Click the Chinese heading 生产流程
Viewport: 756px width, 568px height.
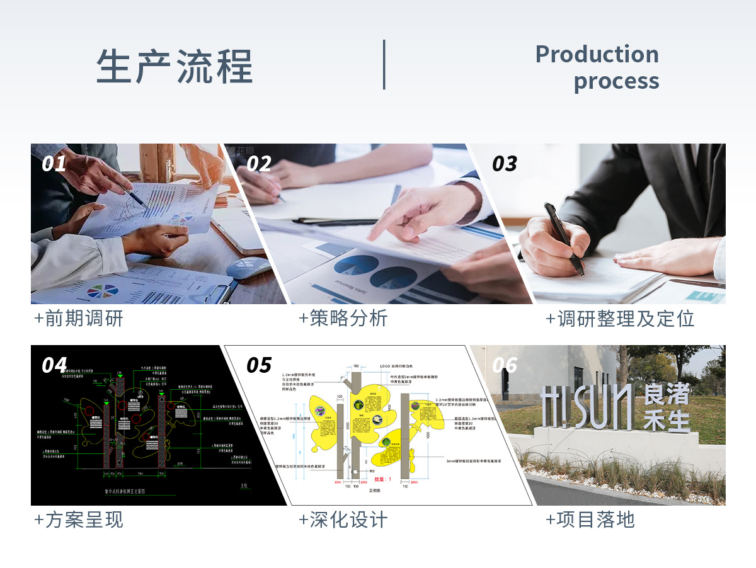pyautogui.click(x=175, y=65)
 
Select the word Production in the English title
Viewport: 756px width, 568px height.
pyautogui.click(x=597, y=54)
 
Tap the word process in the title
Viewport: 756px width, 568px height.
pyautogui.click(x=616, y=81)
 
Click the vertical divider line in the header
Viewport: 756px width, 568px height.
pyautogui.click(x=384, y=65)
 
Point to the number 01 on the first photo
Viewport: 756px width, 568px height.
pyautogui.click(x=54, y=164)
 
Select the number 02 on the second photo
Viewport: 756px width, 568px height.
pyautogui.click(x=259, y=164)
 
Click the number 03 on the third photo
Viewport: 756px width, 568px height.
pyautogui.click(x=504, y=164)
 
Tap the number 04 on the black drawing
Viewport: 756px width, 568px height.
pyautogui.click(x=54, y=365)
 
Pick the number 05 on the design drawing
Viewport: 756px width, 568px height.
pyautogui.click(x=259, y=365)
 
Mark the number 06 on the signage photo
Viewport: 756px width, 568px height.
pyautogui.click(x=504, y=365)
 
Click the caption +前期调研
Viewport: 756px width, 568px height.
pyautogui.click(x=79, y=319)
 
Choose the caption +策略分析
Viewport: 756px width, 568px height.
pyautogui.click(x=343, y=319)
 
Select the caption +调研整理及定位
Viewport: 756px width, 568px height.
pyautogui.click(x=620, y=319)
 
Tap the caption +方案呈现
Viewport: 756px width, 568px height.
pyautogui.click(x=79, y=520)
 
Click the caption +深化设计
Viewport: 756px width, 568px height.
pyautogui.click(x=343, y=520)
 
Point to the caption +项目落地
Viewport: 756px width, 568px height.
pyautogui.click(x=590, y=520)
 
